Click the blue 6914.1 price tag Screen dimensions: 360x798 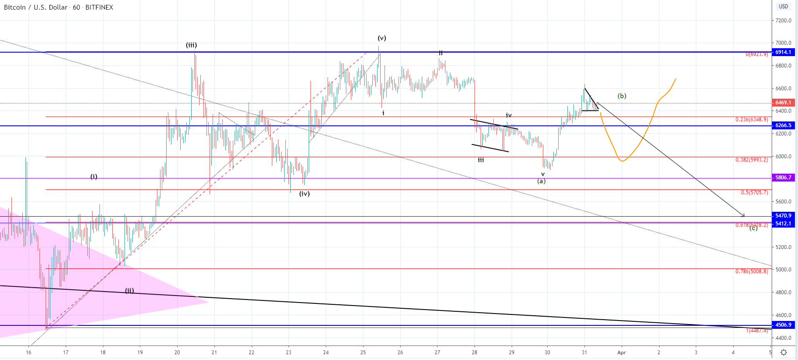click(x=784, y=52)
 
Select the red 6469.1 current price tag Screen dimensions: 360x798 click(x=784, y=103)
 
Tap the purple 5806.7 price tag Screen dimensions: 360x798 click(x=784, y=178)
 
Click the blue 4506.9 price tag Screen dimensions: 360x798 click(x=784, y=325)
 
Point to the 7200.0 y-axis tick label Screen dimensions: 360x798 click(x=783, y=21)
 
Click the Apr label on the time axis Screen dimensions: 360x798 click(x=621, y=353)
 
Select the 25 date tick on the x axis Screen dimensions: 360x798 click(x=363, y=353)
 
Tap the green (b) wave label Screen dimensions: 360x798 click(x=622, y=96)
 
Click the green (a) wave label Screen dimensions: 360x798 click(x=541, y=181)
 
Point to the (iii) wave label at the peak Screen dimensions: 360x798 click(x=191, y=45)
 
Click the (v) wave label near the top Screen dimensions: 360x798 click(x=382, y=38)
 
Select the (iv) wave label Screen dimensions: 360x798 click(x=304, y=194)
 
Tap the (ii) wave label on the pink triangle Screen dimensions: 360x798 click(x=129, y=291)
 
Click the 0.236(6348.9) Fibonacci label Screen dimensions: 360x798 click(x=752, y=120)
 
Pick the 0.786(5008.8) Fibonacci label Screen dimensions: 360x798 click(x=752, y=271)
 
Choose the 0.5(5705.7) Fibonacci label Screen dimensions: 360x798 click(x=754, y=192)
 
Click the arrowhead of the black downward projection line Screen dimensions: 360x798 click(x=743, y=215)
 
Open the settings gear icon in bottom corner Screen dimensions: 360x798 click(x=784, y=352)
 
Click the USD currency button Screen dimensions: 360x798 click(x=784, y=7)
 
